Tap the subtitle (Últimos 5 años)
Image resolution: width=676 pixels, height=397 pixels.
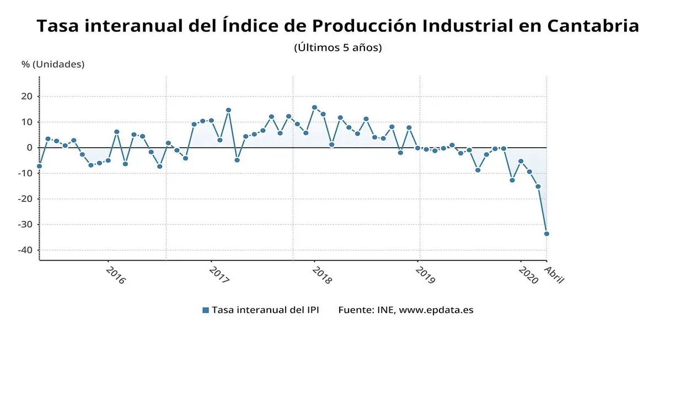coord(338,47)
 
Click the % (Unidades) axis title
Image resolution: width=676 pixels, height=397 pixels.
coord(53,64)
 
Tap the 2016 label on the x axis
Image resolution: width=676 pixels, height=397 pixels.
coord(116,275)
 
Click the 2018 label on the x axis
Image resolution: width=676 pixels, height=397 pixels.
coord(322,275)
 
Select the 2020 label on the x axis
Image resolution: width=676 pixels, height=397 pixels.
coord(528,275)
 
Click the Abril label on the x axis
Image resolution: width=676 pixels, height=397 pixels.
coord(554,275)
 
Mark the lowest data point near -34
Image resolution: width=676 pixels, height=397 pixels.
coord(546,234)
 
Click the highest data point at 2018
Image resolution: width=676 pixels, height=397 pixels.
coord(314,108)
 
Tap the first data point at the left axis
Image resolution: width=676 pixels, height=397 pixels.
coord(39,166)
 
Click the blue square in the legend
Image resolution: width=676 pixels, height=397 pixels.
coord(206,310)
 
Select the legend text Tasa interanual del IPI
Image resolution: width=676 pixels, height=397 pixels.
coord(265,310)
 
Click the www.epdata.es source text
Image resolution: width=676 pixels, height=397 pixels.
coord(436,310)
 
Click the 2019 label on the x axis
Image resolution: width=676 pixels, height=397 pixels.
coord(425,275)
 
